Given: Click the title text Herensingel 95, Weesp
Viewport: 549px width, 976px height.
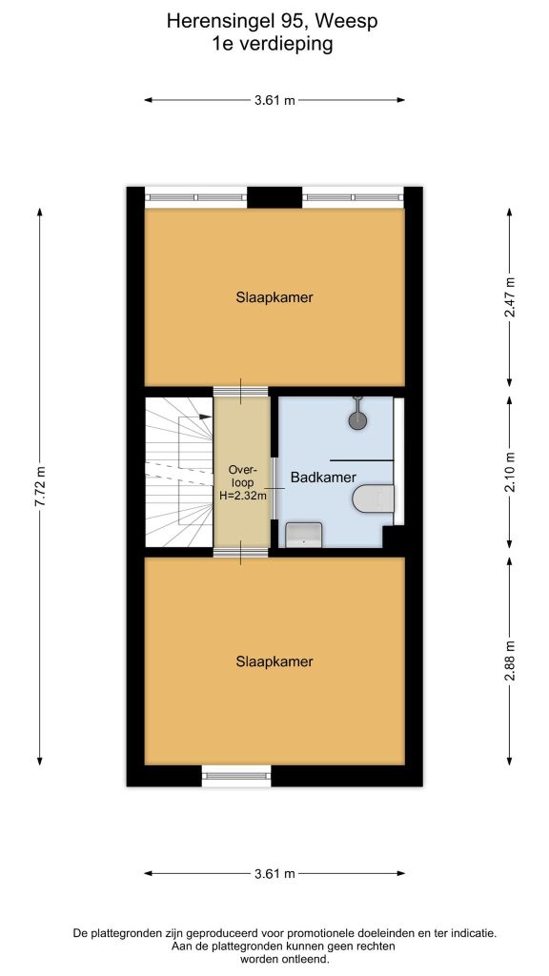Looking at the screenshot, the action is coord(272,22).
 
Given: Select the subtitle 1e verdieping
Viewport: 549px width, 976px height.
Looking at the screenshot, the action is coord(272,44).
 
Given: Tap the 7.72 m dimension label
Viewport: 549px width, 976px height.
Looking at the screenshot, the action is coord(40,486).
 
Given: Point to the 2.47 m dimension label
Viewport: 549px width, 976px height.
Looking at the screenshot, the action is coord(510,297).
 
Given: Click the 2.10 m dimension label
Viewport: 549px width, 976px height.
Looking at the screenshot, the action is coord(510,471).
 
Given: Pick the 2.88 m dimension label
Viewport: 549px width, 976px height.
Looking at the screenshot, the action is coord(510,661).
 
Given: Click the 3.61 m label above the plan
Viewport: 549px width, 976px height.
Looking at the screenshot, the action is coord(274,100).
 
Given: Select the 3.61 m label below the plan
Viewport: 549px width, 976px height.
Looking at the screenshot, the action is coord(274,873).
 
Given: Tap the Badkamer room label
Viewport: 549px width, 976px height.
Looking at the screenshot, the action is coord(324,478).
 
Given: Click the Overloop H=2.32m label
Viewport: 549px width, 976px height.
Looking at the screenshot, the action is coord(242,482).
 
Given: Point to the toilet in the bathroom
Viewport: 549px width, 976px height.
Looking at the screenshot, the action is coord(374,498).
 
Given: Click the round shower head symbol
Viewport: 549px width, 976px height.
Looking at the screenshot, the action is coord(357,420).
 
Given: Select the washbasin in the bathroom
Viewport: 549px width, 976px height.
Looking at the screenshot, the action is coord(303,535).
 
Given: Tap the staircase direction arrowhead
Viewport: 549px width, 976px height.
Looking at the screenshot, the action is coord(206,417).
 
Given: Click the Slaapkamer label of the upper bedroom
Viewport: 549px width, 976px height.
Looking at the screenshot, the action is coord(274,297).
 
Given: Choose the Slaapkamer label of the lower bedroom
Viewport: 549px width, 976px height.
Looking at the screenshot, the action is coord(274,661).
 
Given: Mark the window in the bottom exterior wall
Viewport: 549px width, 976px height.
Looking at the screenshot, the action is coord(236,776).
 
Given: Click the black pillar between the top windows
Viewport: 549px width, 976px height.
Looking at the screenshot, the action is coord(274,197).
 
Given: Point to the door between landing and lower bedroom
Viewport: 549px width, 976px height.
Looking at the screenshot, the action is coord(241,553).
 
